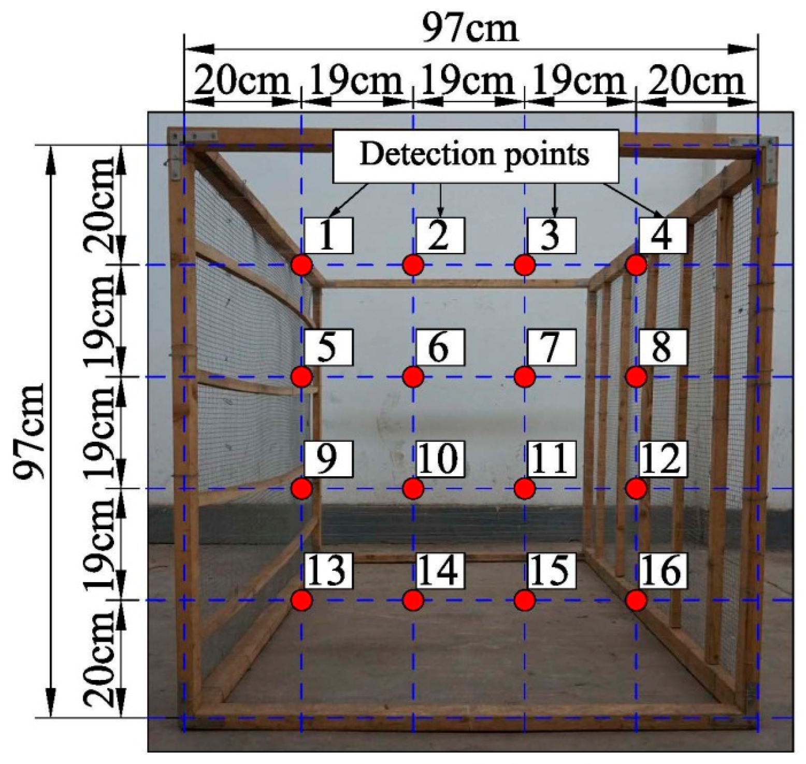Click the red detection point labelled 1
tap(301, 265)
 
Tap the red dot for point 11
tap(525, 488)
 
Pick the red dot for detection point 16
tap(636, 600)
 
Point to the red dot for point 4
tap(636, 265)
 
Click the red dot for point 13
tap(301, 600)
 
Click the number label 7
tap(551, 347)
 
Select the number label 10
tap(439, 459)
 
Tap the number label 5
tap(328, 347)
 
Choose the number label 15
tap(551, 570)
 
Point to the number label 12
tap(663, 459)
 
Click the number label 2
tap(439, 235)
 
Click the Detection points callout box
tap(475, 155)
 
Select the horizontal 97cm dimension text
tap(470, 29)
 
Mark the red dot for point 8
tap(636, 377)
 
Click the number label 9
tap(328, 459)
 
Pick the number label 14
tap(439, 570)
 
